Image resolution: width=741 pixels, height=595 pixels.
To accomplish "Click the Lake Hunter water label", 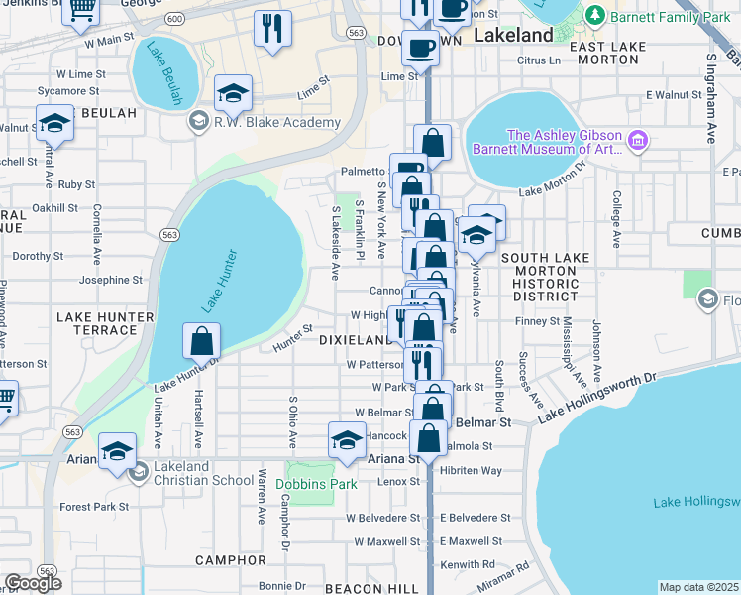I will click(223, 283).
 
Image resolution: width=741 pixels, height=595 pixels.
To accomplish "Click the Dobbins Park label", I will click(315, 485).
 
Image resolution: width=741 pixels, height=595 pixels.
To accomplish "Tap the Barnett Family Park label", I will click(671, 17).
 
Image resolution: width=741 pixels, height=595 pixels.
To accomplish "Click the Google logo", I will click(33, 583).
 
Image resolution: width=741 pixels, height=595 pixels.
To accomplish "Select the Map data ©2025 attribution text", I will click(698, 587).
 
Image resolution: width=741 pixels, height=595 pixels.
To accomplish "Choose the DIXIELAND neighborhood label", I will click(355, 339).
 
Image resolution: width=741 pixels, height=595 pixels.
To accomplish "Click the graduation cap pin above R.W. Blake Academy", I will click(233, 93).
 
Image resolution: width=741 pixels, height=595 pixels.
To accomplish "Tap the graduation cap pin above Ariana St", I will click(347, 439).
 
